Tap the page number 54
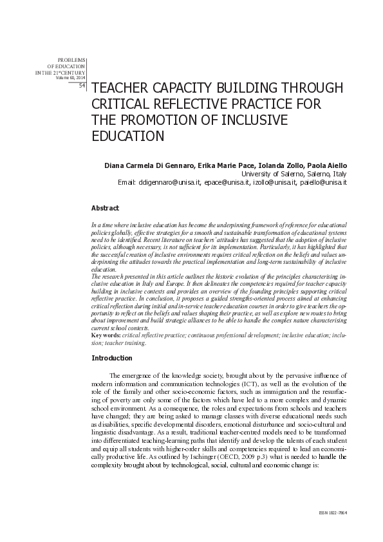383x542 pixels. click(82, 85)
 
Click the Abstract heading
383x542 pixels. click(105, 208)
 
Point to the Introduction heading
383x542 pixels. click(112, 357)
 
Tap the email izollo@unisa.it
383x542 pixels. click(274, 183)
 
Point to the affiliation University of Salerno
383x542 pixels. click(268, 174)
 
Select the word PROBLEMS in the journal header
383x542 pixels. click(71, 60)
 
